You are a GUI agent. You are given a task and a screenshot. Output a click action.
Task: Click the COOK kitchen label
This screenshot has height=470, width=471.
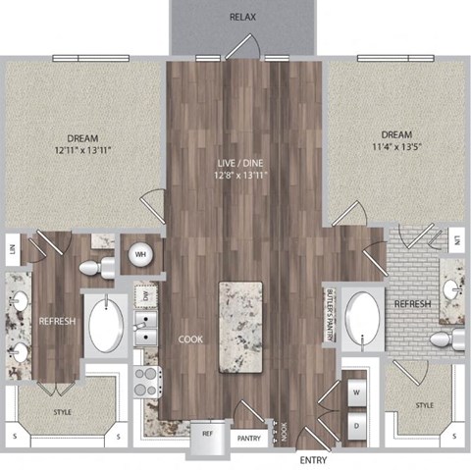click(x=190, y=339)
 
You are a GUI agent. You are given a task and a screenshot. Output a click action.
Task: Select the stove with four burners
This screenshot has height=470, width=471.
click(x=147, y=381)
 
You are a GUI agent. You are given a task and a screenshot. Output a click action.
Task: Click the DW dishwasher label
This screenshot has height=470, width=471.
click(x=143, y=294)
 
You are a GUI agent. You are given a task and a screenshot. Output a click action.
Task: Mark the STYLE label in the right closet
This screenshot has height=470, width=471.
click(x=424, y=404)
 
